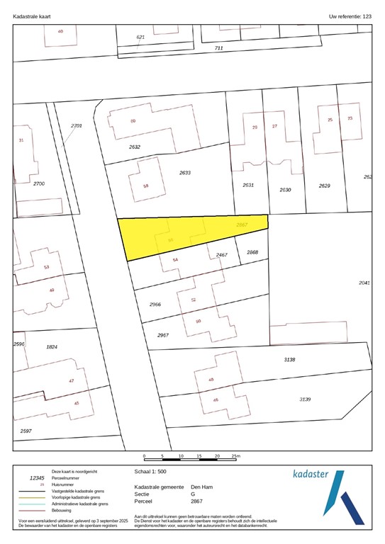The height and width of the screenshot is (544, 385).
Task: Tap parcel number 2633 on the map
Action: [x=185, y=173]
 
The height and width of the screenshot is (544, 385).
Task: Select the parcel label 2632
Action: [x=135, y=147]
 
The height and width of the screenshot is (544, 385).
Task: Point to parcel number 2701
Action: [x=77, y=125]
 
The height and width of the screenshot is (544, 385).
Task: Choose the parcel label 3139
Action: [x=305, y=399]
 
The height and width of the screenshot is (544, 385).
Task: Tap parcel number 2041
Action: [x=364, y=283]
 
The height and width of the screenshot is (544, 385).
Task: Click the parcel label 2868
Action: [x=252, y=252]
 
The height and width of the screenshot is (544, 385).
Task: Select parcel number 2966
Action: [x=155, y=304]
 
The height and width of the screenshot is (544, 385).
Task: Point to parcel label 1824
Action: [x=51, y=347]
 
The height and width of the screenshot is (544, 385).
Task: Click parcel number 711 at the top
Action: [x=218, y=47]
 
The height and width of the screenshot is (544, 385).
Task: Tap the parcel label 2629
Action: [x=324, y=185]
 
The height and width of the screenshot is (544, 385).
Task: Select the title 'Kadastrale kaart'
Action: [x=31, y=15]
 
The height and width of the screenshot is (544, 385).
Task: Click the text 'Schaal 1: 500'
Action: [x=150, y=471]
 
